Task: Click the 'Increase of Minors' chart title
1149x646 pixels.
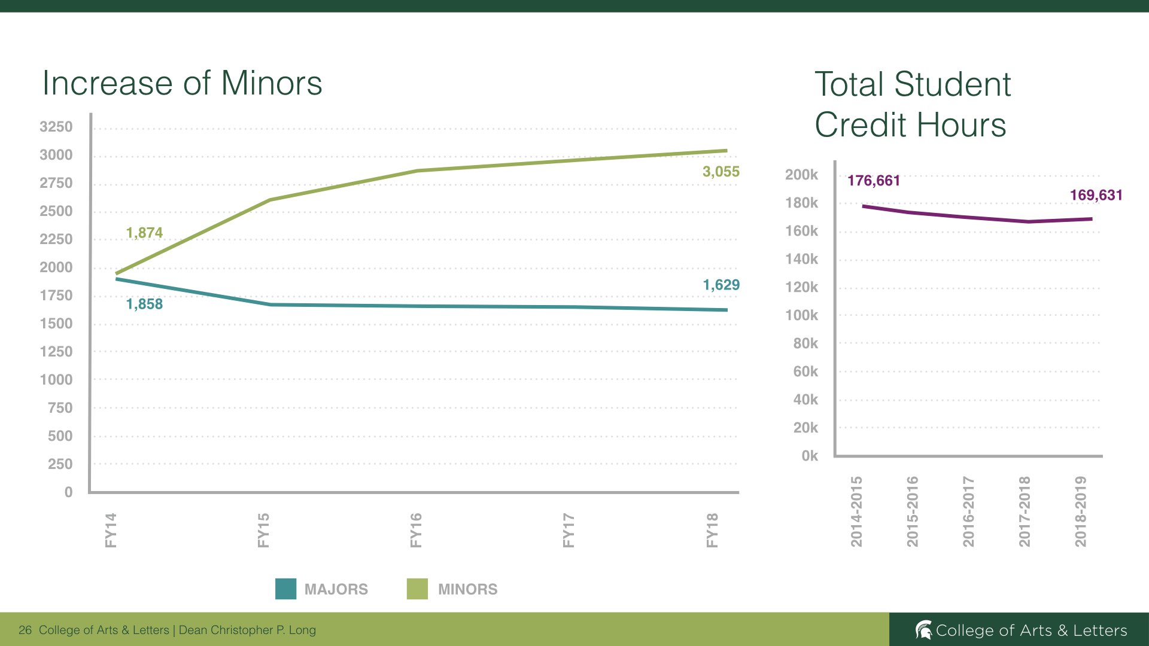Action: point(182,83)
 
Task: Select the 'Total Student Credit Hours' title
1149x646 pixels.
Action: point(913,104)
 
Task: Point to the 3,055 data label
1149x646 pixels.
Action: point(721,172)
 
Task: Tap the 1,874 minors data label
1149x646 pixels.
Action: point(144,233)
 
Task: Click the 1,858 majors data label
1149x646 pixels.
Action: point(144,304)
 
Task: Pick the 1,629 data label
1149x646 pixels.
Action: point(721,285)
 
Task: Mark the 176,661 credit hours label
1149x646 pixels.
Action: point(874,181)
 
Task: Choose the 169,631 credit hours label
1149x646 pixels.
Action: point(1096,195)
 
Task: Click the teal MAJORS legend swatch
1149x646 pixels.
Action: point(285,589)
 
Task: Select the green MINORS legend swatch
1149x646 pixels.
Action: point(417,589)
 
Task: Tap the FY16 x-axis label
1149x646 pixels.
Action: point(416,530)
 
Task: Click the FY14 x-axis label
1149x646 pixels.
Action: point(111,530)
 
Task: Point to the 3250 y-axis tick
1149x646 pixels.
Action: point(56,127)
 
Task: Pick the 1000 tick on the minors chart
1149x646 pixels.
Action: point(56,380)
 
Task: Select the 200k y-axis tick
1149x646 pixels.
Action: point(801,175)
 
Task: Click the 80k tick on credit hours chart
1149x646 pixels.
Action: point(805,343)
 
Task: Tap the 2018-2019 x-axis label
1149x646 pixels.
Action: point(1080,511)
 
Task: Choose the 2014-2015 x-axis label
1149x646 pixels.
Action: point(856,511)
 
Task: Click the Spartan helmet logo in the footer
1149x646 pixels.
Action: point(923,630)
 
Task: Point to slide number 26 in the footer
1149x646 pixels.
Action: point(25,630)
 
